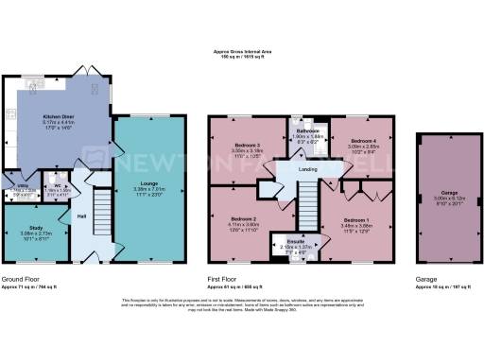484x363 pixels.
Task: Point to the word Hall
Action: [83, 216]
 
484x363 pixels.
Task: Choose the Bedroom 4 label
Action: [365, 141]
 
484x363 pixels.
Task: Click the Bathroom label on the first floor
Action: [306, 130]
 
